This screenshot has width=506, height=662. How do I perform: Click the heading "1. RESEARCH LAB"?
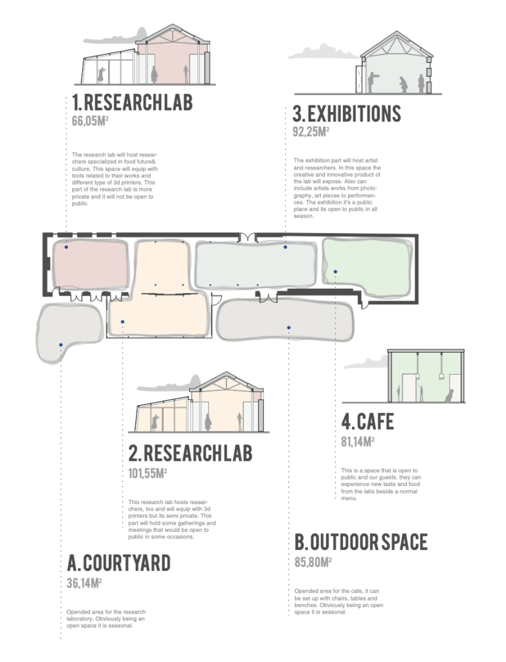[x=132, y=102]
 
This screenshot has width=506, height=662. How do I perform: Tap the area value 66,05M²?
[x=90, y=121]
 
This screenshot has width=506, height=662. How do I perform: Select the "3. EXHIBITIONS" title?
[x=346, y=114]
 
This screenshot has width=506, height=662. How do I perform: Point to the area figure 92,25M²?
[x=311, y=131]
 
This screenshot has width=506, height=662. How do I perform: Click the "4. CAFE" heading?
[x=368, y=421]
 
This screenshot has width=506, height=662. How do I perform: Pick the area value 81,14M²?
[x=358, y=441]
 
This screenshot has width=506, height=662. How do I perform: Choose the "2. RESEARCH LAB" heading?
[x=190, y=452]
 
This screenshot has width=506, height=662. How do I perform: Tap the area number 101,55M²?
[x=148, y=473]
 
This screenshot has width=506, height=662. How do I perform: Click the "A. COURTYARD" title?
[x=118, y=563]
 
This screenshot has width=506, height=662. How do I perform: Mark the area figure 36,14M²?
[x=84, y=583]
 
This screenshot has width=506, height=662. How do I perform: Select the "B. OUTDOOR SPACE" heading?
[x=361, y=542]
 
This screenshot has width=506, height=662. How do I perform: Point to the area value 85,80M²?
[x=313, y=562]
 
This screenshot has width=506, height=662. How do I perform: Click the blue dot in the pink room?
[x=66, y=247]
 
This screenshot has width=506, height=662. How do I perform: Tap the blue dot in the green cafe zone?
[x=336, y=272]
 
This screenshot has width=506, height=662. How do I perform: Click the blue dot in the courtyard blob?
[x=61, y=345]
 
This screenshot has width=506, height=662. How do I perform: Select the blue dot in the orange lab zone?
[x=122, y=322]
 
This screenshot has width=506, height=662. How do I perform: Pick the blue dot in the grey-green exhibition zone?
[x=285, y=247]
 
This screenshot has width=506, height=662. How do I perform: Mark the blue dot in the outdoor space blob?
[x=289, y=327]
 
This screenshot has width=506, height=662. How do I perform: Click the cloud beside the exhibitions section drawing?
[x=324, y=52]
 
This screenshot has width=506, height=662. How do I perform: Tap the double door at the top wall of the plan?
[x=247, y=237]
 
